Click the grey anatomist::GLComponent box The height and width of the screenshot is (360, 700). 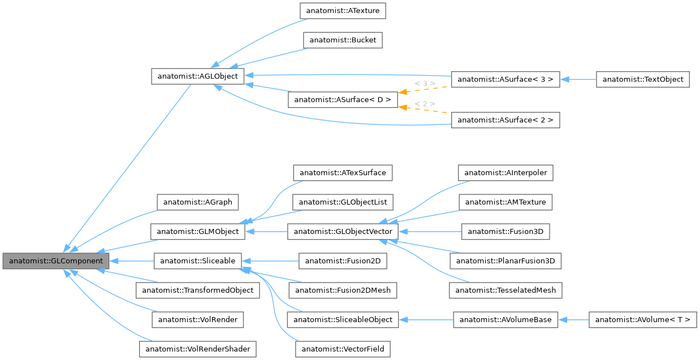pos(55,261)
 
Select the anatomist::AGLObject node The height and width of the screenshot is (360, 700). pos(198,76)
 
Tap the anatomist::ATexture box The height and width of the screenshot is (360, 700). pos(343,11)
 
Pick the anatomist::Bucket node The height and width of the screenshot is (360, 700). pos(343,40)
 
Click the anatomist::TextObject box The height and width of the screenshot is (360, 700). pos(643,80)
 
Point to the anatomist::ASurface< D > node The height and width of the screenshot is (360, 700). pos(343,99)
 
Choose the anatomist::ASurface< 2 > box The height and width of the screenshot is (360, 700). pos(505,120)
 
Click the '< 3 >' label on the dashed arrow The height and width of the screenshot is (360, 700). pos(425,84)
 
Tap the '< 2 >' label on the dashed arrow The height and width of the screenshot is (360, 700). pos(425,104)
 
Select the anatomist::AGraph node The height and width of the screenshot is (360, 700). pos(198,202)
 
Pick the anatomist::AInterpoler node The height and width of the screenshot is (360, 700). pos(505,172)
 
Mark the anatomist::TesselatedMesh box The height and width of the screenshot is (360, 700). pos(505,290)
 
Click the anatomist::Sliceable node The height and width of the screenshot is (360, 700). pos(198,261)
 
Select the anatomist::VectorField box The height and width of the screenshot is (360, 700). pos(343,349)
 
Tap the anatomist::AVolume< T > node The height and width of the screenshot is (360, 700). pos(642,320)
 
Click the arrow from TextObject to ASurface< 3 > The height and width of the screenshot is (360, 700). pos(578,80)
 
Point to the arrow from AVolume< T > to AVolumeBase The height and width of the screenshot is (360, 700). pos(573,320)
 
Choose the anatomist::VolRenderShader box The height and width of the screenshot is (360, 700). pos(198,349)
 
